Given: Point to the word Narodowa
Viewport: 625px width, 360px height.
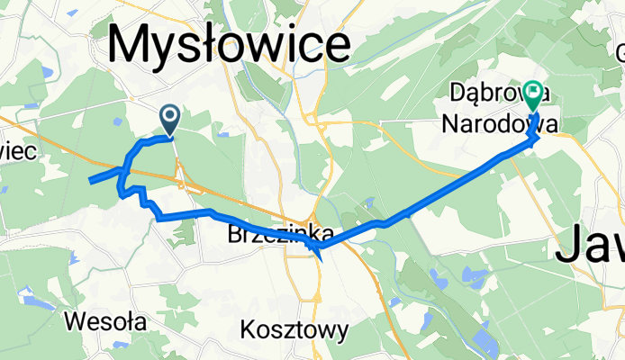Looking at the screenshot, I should [487, 121].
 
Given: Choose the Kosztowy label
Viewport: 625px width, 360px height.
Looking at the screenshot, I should [294, 330].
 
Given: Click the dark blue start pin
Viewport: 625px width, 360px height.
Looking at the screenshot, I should [169, 117].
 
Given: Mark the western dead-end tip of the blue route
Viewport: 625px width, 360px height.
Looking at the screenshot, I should [89, 181].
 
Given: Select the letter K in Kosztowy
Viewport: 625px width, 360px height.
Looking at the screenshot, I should [249, 330].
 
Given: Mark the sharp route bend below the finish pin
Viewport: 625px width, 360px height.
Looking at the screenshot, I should [538, 139].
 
